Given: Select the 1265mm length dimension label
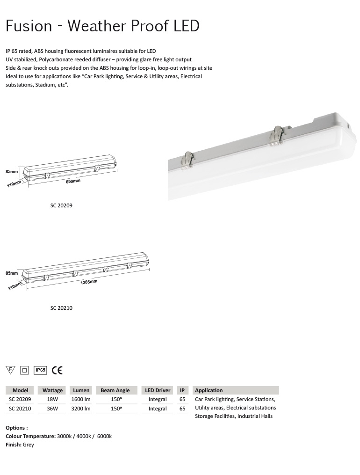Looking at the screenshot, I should [89, 282].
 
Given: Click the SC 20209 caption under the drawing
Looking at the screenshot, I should [61, 205].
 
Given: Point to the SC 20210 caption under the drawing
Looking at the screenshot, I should [61, 308].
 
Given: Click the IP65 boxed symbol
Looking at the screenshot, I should [41, 370].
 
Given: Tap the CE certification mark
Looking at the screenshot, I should [57, 370].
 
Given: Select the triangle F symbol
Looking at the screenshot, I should [10, 370].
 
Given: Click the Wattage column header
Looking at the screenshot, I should [52, 390].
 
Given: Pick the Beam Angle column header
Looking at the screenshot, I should [115, 390].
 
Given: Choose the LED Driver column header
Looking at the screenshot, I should [158, 390].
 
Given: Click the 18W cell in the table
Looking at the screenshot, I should [52, 400].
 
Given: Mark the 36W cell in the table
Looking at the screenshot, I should [52, 409].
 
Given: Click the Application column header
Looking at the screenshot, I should [209, 390].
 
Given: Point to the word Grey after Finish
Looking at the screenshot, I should [28, 445].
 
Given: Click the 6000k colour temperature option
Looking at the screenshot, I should [104, 436].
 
